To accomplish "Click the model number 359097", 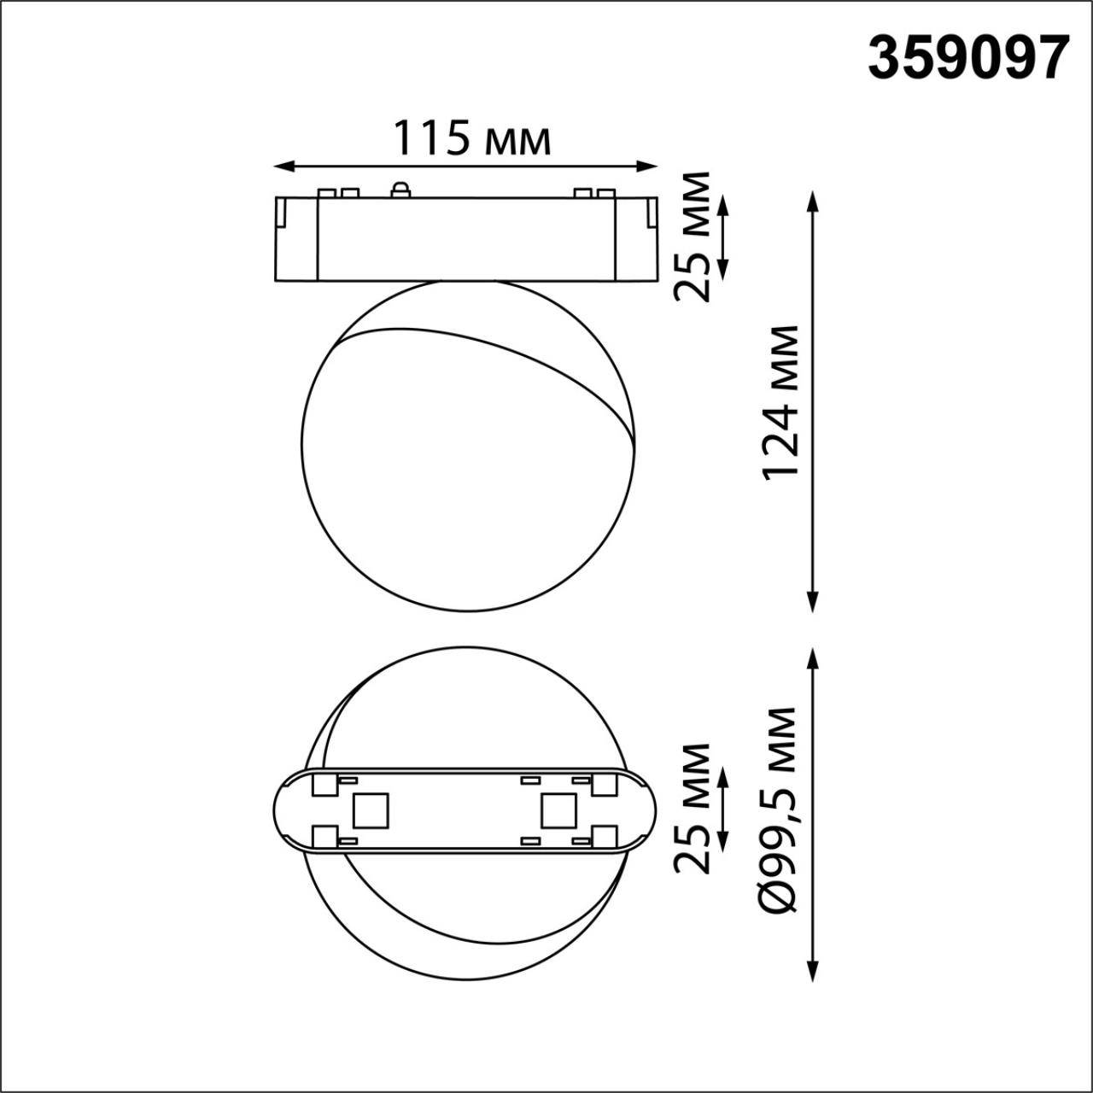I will pyautogui.click(x=968, y=57).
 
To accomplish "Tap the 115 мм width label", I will pyautogui.click(x=471, y=138).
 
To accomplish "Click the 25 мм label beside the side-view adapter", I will pyautogui.click(x=692, y=237).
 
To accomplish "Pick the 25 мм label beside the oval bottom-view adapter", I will pyautogui.click(x=692, y=808).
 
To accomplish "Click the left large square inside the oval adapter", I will pyautogui.click(x=370, y=810).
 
